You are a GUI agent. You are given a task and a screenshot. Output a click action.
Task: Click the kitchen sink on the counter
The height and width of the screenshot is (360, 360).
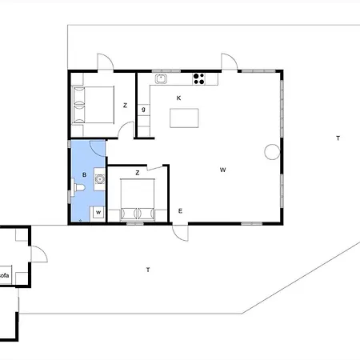click(x=161, y=79)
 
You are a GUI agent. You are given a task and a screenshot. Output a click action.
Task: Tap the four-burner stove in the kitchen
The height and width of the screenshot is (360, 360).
click(x=199, y=79)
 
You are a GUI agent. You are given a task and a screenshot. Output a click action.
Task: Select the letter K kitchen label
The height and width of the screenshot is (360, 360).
click(x=178, y=98)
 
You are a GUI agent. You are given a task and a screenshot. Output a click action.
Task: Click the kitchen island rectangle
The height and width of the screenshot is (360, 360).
click(x=184, y=118)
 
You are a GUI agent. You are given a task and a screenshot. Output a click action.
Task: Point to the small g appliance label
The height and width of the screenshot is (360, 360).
click(x=143, y=110)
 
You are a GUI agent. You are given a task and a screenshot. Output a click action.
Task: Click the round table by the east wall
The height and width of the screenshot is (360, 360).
click(x=272, y=152)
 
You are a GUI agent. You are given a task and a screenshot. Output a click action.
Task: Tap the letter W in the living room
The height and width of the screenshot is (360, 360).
click(x=223, y=170)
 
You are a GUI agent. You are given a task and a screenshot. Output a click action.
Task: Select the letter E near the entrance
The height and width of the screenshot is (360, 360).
click(x=180, y=211)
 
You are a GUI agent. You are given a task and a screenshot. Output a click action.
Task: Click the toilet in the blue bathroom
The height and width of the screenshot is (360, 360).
click(x=78, y=187)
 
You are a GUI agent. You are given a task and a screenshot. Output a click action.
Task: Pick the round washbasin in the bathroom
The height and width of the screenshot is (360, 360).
click(x=100, y=179)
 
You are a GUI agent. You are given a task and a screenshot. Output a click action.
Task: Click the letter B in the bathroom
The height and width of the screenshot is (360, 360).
click(x=84, y=174)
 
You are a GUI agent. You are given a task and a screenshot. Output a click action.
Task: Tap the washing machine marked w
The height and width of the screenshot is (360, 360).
click(x=98, y=213)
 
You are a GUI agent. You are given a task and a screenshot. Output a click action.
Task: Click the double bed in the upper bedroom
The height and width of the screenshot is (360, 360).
click(x=93, y=105)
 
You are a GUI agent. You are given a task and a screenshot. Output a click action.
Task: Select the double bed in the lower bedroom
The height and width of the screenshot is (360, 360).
click(x=138, y=200)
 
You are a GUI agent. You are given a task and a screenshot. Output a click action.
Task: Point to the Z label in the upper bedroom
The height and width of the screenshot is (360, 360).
click(x=125, y=106)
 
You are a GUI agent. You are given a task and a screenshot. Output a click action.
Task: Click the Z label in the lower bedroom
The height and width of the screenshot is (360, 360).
click(x=138, y=173)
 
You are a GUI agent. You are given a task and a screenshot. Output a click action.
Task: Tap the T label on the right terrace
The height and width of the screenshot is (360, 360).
click(x=338, y=138)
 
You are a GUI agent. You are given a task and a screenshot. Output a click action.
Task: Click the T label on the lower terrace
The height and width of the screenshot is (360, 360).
click(x=148, y=270)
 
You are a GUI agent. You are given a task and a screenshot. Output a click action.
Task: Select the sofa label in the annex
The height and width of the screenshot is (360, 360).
click(x=4, y=275)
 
